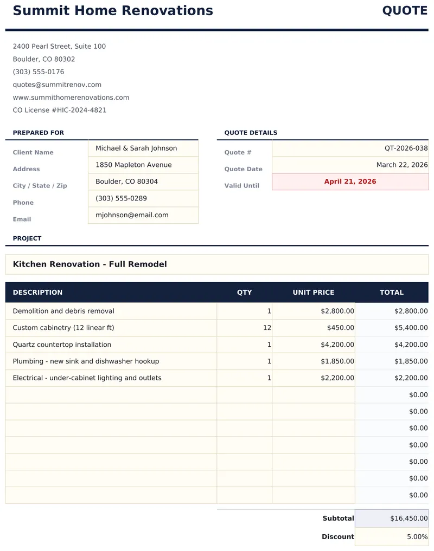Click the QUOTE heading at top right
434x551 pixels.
pos(405,11)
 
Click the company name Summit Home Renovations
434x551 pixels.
pos(113,11)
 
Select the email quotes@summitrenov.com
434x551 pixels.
pos(57,85)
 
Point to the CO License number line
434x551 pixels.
pos(60,110)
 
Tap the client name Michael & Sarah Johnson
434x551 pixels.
pos(136,148)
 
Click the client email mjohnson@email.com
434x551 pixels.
pos(132,215)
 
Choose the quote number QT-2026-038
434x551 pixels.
pos(406,148)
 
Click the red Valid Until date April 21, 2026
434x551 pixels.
pos(350,181)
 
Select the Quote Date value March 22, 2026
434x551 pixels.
pos(402,165)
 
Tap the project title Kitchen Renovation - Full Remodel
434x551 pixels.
pos(90,264)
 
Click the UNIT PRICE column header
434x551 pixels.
pos(314,293)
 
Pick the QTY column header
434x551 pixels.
pos(245,293)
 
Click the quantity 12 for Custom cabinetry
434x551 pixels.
pos(267,328)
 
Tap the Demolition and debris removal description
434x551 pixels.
pos(63,311)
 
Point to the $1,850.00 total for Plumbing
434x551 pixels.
pos(411,361)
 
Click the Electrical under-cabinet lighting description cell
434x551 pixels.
pos(87,378)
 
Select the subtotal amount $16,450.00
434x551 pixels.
pos(409,518)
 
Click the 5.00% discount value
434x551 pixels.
pos(417,537)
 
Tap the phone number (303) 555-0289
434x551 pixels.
pos(121,198)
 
